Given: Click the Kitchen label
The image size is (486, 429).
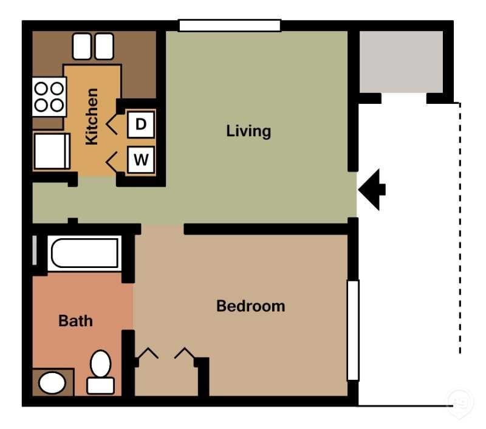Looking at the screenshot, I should tap(91, 117).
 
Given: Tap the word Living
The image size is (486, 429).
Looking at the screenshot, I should tap(248, 131).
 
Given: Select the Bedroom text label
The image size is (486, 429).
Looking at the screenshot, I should tap(250, 306).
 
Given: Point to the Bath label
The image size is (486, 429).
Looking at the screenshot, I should tap(76, 320).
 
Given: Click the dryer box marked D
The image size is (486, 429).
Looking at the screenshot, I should tap(141, 125).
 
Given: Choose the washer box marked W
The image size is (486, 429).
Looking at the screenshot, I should tap(141, 160).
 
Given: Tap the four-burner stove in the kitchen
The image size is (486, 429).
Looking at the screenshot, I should tap(49, 97).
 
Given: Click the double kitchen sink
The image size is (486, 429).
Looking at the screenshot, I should tap(93, 46).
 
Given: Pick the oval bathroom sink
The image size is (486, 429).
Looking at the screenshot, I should tap(52, 383).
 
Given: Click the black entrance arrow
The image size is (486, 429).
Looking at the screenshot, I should tap(372, 190).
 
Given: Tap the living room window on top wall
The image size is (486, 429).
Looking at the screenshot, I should tap(230, 26).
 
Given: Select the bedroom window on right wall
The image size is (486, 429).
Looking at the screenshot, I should tap(353, 329).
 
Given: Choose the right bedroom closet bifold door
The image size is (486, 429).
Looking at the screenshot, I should tap(185, 354).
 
